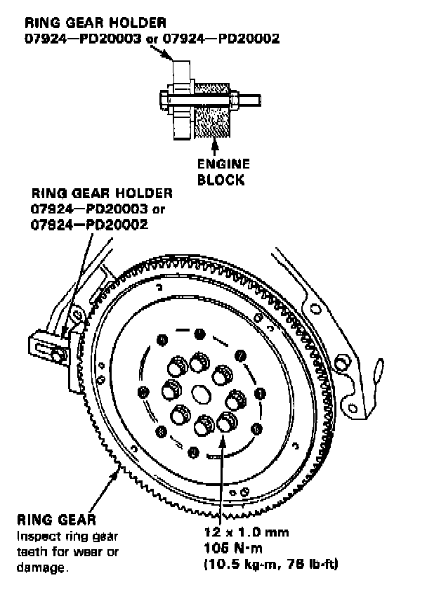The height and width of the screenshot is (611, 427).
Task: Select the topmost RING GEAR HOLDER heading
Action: tap(86, 23)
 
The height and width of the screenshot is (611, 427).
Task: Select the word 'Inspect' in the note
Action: tap(34, 536)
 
